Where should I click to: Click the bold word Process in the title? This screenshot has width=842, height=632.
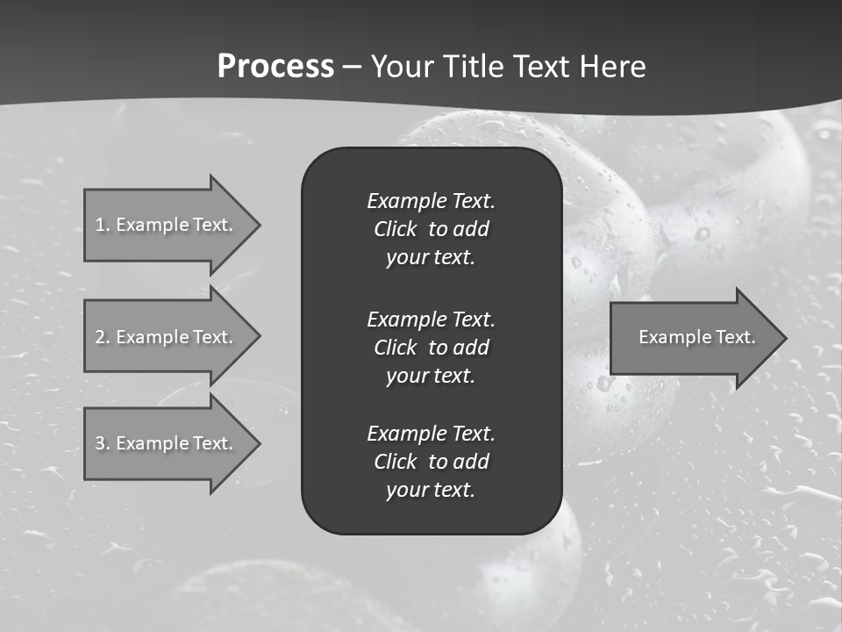(x=275, y=67)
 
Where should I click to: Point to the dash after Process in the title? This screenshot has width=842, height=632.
(x=352, y=68)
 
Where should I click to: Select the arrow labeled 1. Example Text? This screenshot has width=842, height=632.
(x=167, y=225)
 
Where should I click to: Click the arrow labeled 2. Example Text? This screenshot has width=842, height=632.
(x=167, y=337)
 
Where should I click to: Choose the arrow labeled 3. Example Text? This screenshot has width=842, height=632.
(x=167, y=443)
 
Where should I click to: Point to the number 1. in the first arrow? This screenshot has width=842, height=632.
(x=103, y=225)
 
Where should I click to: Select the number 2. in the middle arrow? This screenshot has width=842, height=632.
(x=103, y=337)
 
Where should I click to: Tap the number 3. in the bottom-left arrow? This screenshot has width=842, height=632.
(x=103, y=443)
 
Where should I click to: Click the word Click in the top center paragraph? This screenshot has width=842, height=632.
(x=395, y=229)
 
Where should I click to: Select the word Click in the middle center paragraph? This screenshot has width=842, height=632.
(x=395, y=348)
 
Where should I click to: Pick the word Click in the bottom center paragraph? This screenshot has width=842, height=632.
(x=395, y=462)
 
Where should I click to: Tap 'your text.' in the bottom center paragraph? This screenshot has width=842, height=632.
(x=431, y=491)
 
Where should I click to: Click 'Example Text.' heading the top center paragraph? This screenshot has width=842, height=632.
(x=431, y=201)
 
